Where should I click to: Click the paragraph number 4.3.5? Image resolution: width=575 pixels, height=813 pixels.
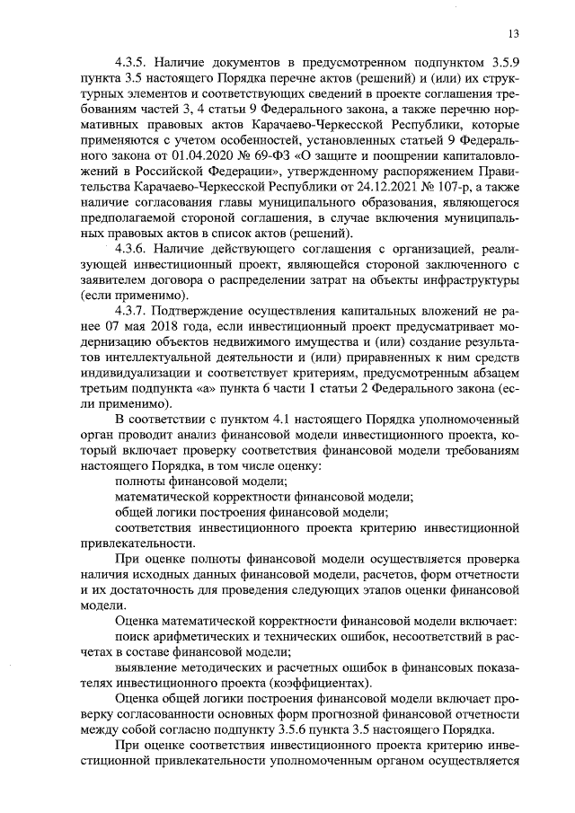pos(132,64)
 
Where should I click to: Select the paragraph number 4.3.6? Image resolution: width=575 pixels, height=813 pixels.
pos(132,248)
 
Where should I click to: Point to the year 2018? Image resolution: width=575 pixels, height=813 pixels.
pos(164,327)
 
